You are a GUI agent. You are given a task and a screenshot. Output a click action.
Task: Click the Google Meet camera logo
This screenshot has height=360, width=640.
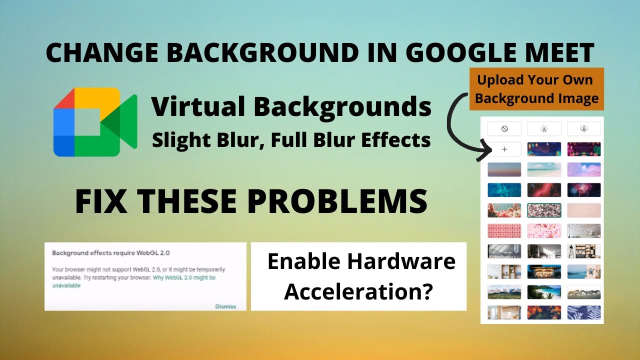(x=95, y=122)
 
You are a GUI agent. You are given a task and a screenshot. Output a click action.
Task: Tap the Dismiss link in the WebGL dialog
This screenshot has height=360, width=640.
(x=225, y=306)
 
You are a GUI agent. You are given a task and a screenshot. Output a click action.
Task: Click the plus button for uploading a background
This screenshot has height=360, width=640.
(x=504, y=149)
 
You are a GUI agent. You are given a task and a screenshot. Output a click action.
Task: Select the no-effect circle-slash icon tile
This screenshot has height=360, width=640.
(x=504, y=129)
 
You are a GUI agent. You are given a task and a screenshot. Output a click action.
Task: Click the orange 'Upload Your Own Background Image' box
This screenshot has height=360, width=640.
(x=536, y=89)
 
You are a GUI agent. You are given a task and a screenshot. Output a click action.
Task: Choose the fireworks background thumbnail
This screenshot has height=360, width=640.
(x=584, y=190)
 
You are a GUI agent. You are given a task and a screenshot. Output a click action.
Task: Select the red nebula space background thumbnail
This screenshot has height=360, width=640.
(x=544, y=190)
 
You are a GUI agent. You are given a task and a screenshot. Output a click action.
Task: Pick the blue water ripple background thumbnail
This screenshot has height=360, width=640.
(x=504, y=190)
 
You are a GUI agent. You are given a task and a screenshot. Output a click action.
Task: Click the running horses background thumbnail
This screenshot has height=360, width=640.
(x=584, y=292)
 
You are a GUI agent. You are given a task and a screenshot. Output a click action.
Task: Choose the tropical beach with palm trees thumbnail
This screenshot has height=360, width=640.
(x=544, y=292)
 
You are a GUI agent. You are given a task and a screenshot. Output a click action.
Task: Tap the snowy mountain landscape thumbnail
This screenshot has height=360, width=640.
(x=504, y=292)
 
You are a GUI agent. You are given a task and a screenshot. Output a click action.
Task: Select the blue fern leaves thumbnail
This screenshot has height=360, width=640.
(x=584, y=312)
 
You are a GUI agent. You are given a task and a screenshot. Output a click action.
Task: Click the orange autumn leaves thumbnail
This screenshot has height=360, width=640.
(x=544, y=312)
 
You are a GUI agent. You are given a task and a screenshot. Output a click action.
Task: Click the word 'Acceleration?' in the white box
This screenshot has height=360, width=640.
(x=358, y=291)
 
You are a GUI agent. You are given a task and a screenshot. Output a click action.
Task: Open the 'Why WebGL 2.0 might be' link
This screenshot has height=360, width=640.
(x=184, y=277)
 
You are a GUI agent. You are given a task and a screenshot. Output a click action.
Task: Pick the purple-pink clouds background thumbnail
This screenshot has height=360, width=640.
(x=584, y=169)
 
